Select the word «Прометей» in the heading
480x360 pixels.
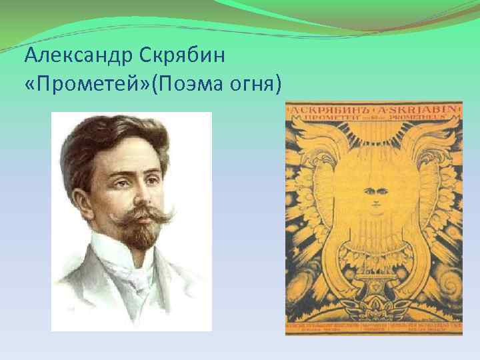tap(87, 84)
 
